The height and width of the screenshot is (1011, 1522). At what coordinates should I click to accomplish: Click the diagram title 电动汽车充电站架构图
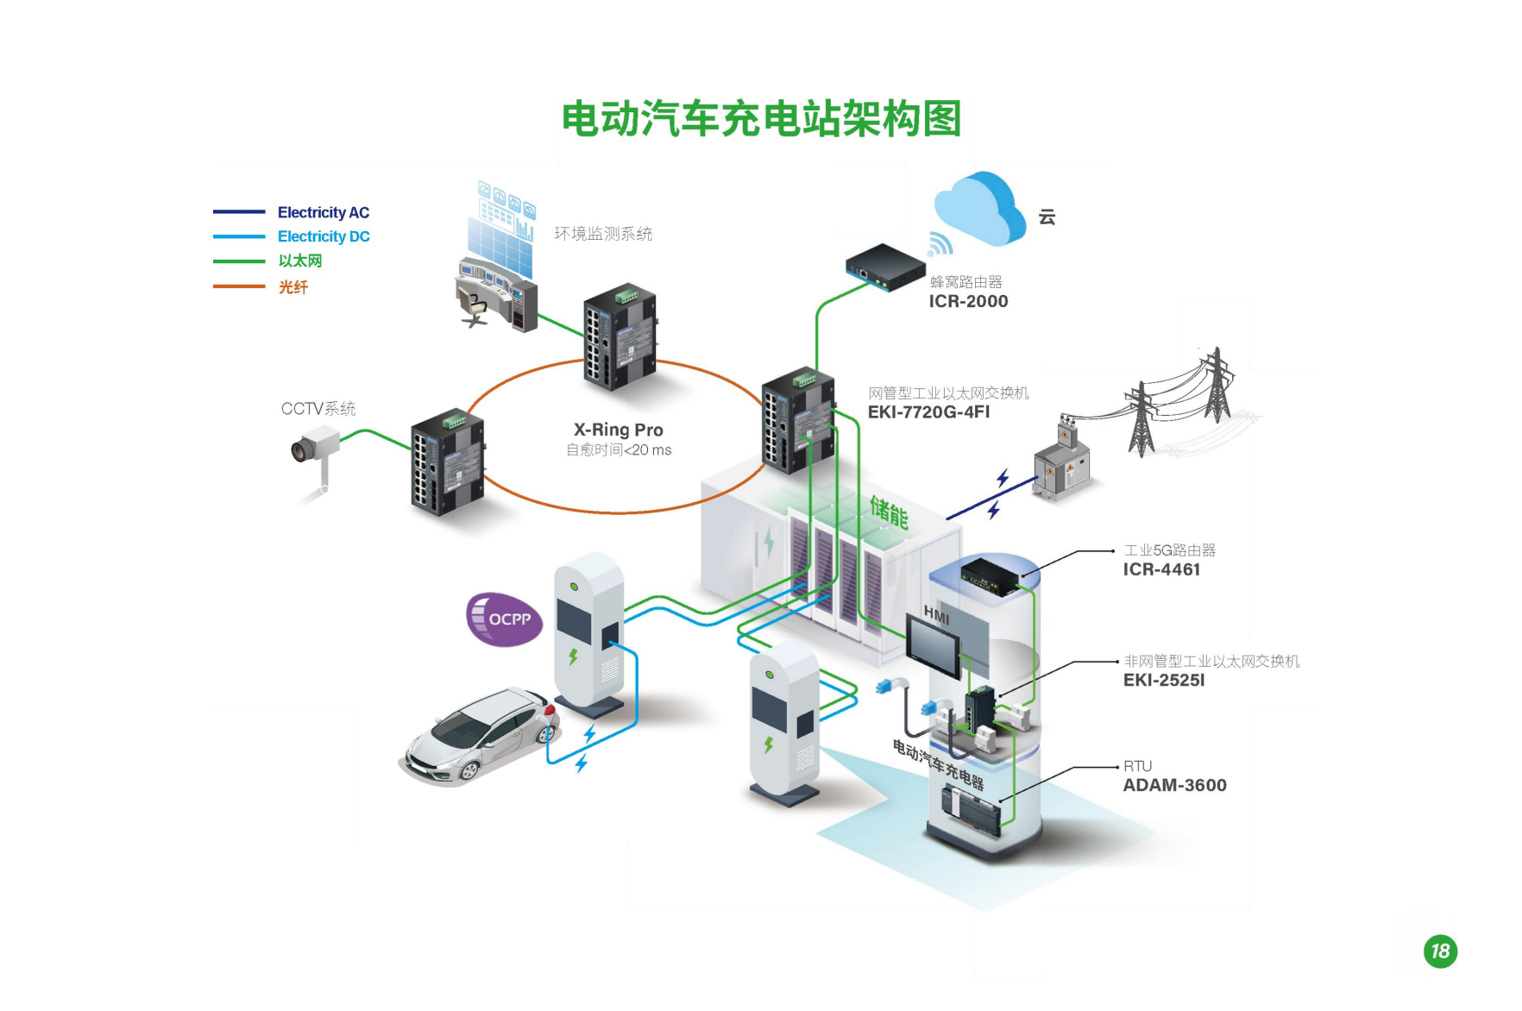click(761, 119)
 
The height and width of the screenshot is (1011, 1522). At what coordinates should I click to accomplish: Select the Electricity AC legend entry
click(323, 212)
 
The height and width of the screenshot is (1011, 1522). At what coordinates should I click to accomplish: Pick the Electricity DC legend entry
click(323, 236)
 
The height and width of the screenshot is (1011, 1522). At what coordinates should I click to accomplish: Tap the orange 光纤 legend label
click(292, 287)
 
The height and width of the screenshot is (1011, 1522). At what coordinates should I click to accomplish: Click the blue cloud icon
click(979, 209)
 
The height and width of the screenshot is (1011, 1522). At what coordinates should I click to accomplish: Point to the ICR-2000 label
click(968, 301)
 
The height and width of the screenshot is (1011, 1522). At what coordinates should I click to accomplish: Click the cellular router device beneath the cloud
click(884, 267)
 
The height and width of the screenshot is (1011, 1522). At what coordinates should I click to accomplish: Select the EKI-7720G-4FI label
click(928, 412)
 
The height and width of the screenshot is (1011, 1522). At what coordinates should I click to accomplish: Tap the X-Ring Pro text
click(619, 430)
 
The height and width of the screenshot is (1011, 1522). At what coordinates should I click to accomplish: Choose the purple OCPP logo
click(504, 619)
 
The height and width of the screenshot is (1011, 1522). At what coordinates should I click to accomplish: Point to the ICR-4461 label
click(1161, 569)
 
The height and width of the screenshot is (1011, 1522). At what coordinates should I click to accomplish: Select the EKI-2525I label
click(1164, 680)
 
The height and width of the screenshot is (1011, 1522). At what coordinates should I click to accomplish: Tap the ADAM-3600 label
click(1174, 785)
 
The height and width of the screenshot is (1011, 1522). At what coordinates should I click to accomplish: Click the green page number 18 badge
click(1440, 951)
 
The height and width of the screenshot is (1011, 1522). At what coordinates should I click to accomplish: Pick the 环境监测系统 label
click(603, 234)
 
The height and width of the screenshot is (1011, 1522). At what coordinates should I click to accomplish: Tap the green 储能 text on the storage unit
click(889, 512)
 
